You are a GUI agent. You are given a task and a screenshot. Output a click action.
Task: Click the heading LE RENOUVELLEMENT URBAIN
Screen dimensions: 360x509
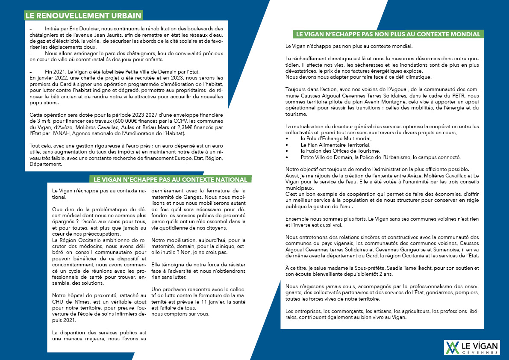pyautogui.click(x=83, y=16)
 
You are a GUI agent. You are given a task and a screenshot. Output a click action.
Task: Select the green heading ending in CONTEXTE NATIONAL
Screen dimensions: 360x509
pyautogui.click(x=170, y=180)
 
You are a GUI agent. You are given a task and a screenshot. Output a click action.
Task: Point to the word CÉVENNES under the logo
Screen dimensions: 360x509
pyautogui.click(x=481, y=352)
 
